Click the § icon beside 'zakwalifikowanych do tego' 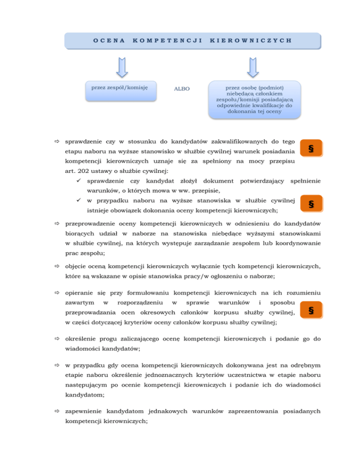[310, 148]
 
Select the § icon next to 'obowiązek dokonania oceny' [310, 205]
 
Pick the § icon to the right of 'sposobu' [310, 310]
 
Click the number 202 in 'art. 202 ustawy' [86, 171]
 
